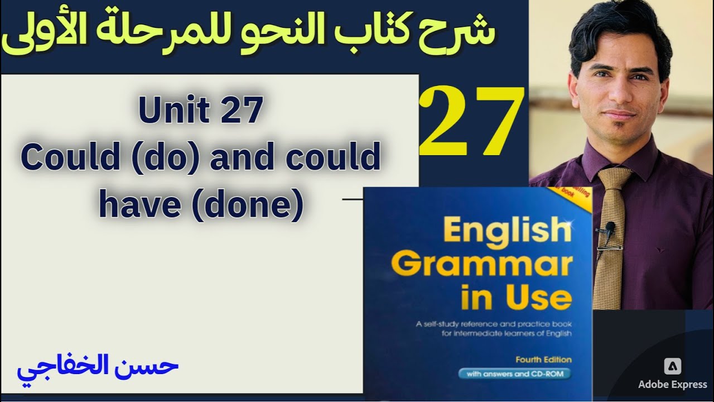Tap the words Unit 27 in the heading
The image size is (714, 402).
point(201,111)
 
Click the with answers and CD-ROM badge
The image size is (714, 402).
point(514,374)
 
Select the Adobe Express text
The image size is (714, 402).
point(672,385)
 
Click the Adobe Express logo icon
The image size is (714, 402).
point(672,366)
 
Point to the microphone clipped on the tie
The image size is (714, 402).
point(609,227)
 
